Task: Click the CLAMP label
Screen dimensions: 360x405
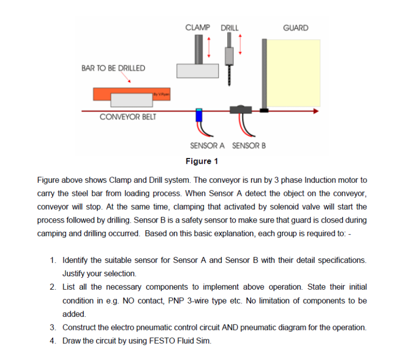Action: pyautogui.click(x=197, y=28)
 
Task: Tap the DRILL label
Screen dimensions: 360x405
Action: pyautogui.click(x=230, y=28)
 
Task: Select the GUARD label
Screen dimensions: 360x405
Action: pyautogui.click(x=296, y=28)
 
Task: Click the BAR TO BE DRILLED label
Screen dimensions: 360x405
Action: pyautogui.click(x=113, y=68)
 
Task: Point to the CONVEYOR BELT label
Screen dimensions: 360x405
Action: pyautogui.click(x=128, y=117)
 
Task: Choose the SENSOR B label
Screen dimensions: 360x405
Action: pyautogui.click(x=249, y=146)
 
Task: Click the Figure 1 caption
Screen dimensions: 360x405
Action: pyautogui.click(x=201, y=161)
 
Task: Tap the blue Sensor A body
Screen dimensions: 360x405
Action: pyautogui.click(x=199, y=116)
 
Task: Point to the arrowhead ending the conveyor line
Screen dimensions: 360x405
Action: pyautogui.click(x=315, y=111)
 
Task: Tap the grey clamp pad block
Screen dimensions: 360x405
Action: pyautogui.click(x=197, y=70)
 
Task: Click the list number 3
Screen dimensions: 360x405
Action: pyautogui.click(x=53, y=327)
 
